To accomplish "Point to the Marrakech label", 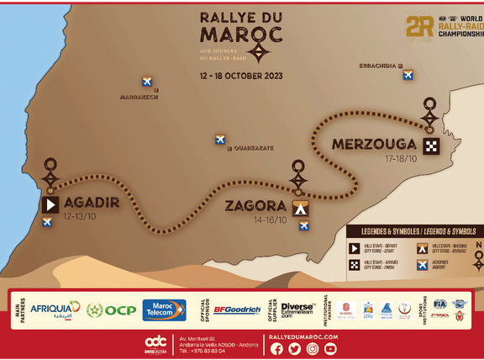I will (x=139, y=97).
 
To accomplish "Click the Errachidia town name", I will (x=378, y=65).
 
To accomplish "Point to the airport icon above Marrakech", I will (x=147, y=82).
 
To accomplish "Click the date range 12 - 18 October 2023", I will (x=241, y=75).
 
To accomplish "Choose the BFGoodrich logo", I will (x=237, y=310).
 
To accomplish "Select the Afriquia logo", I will (x=55, y=310).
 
